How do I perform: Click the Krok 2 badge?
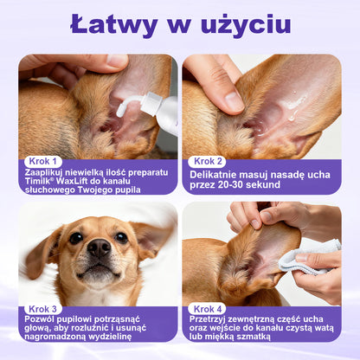click(209, 161)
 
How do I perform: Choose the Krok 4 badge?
click(208, 309)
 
